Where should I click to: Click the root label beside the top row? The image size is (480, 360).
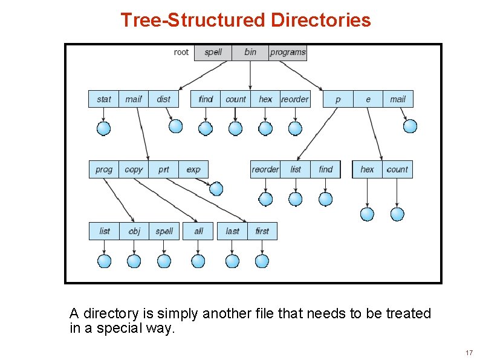click(x=181, y=52)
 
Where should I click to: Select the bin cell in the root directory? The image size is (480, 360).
click(x=250, y=52)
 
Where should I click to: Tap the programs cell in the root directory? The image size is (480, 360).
click(x=288, y=52)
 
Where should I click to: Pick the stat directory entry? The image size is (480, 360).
click(x=104, y=99)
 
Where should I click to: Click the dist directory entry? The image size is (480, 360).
click(x=164, y=99)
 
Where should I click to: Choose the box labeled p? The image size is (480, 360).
click(x=338, y=99)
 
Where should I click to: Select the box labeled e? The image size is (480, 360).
click(x=368, y=99)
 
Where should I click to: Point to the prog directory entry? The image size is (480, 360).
click(x=104, y=169)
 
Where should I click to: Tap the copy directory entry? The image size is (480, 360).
click(x=134, y=169)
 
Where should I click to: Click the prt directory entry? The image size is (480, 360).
click(x=164, y=169)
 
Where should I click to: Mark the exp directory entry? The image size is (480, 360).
click(x=193, y=169)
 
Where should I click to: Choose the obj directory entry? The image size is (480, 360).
click(x=134, y=231)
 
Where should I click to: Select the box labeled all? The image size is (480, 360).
click(x=199, y=231)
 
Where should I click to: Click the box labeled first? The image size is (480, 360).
click(x=262, y=231)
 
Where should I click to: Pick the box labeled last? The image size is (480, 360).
click(x=233, y=231)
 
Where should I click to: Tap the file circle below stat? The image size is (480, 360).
click(x=104, y=128)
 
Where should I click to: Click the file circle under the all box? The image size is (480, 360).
click(x=198, y=261)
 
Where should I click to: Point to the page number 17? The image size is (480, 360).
click(x=469, y=353)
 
